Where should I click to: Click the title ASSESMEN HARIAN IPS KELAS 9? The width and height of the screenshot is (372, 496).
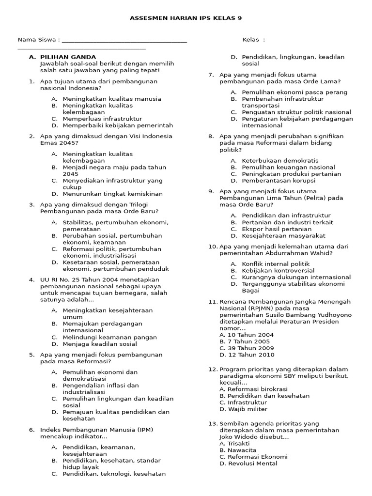(x=186, y=18)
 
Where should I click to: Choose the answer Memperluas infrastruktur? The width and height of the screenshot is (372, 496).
(x=102, y=119)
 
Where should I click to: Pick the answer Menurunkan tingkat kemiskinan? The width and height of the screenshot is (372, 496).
(x=112, y=194)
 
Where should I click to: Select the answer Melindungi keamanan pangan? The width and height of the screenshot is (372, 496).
(x=109, y=338)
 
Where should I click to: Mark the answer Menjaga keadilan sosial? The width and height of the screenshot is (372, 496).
(x=99, y=344)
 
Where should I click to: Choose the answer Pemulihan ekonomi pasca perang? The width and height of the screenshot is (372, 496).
(x=294, y=93)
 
